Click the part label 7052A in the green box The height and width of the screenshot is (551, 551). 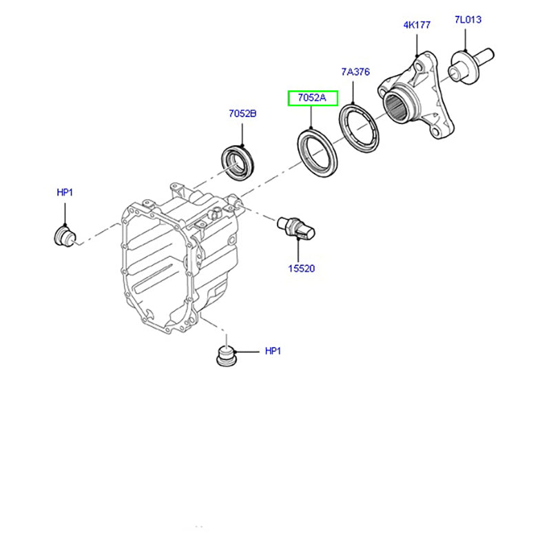[x=312, y=98]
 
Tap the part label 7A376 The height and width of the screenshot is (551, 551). [x=355, y=72]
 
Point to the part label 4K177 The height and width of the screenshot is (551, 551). [x=417, y=25]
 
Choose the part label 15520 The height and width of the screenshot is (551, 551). [x=301, y=268]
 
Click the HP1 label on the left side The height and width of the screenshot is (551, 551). [x=64, y=194]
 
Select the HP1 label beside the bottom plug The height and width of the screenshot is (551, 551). [x=273, y=351]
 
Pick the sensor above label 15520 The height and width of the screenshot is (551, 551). [x=296, y=228]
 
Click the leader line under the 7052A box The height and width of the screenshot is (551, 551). [x=311, y=117]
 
